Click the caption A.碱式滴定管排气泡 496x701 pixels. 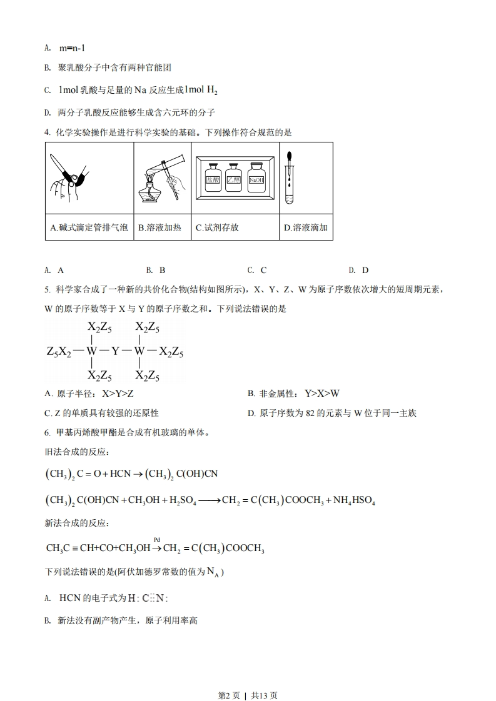coord(89,227)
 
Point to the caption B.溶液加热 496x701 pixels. coord(159,227)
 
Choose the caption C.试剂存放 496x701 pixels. coord(217,227)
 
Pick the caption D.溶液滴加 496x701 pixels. coord(306,227)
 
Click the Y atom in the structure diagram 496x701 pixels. coord(115,352)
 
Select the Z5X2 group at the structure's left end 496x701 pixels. coord(59,352)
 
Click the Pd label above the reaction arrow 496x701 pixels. coord(157,539)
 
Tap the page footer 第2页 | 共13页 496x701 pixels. coord(248,678)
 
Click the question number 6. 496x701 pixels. coord(47,432)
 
